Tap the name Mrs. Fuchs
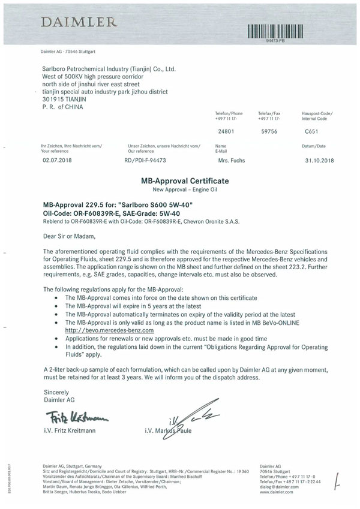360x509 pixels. pos(232,161)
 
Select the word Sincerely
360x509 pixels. pos(56,391)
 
